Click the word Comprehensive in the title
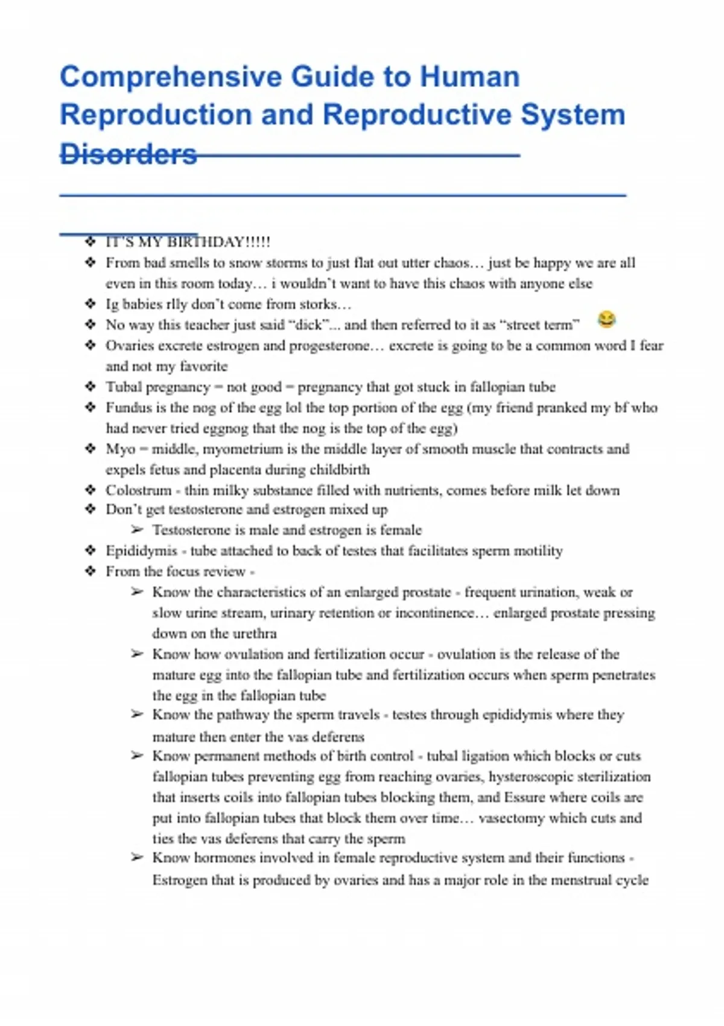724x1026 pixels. [x=171, y=77]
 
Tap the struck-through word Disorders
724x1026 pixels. [x=129, y=154]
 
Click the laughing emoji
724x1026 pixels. [x=606, y=319]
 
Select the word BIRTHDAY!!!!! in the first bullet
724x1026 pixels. [x=218, y=242]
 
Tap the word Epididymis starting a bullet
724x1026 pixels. [x=141, y=550]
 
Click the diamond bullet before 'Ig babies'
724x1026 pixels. [x=91, y=304]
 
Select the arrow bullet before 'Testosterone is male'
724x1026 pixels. [x=137, y=530]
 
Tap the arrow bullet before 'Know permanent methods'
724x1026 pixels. [x=137, y=756]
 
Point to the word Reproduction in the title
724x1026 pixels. [x=155, y=115]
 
